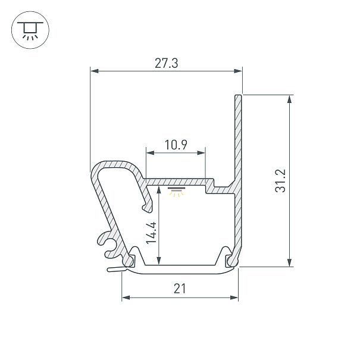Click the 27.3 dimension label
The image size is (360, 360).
(166, 63)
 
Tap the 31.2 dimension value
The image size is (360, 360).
(280, 180)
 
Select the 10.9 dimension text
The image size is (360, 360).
(176, 145)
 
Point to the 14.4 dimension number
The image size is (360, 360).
(152, 233)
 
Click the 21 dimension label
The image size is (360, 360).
(180, 289)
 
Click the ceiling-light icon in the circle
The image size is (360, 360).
(30, 30)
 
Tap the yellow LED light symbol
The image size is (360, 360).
(176, 192)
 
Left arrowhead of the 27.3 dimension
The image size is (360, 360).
(95, 71)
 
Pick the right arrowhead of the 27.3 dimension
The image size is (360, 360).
(238, 71)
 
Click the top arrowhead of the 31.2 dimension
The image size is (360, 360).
(290, 99)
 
